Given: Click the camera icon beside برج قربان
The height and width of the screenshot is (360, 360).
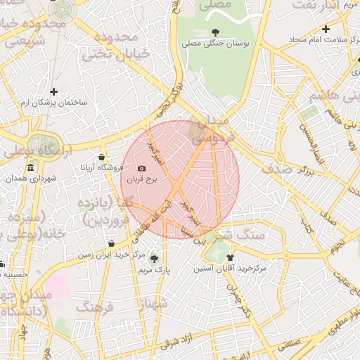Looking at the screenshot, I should pos(142,169).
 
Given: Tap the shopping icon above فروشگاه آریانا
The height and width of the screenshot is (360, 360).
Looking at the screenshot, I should pos(102,157).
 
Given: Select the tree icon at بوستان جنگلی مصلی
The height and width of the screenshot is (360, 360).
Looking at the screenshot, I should pos(214,32).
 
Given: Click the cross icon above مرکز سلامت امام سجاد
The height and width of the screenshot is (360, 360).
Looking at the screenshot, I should pos(325,29).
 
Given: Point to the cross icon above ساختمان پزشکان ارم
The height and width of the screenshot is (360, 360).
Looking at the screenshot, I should pos(53,91).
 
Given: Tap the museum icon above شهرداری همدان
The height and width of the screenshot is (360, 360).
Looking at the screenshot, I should pos(30,168).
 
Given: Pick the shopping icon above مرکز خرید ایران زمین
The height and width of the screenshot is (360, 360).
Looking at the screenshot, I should pos(112,243).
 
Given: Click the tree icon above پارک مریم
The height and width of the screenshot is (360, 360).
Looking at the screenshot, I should pos(154,259).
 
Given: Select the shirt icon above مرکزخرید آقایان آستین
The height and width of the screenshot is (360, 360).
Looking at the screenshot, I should pos(230,257).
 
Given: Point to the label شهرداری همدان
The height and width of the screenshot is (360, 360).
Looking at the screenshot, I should pos(30,179).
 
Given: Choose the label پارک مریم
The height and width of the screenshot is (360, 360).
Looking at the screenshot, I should pos(154,269).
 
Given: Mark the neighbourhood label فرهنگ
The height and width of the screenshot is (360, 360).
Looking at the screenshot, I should pos(95,307).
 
